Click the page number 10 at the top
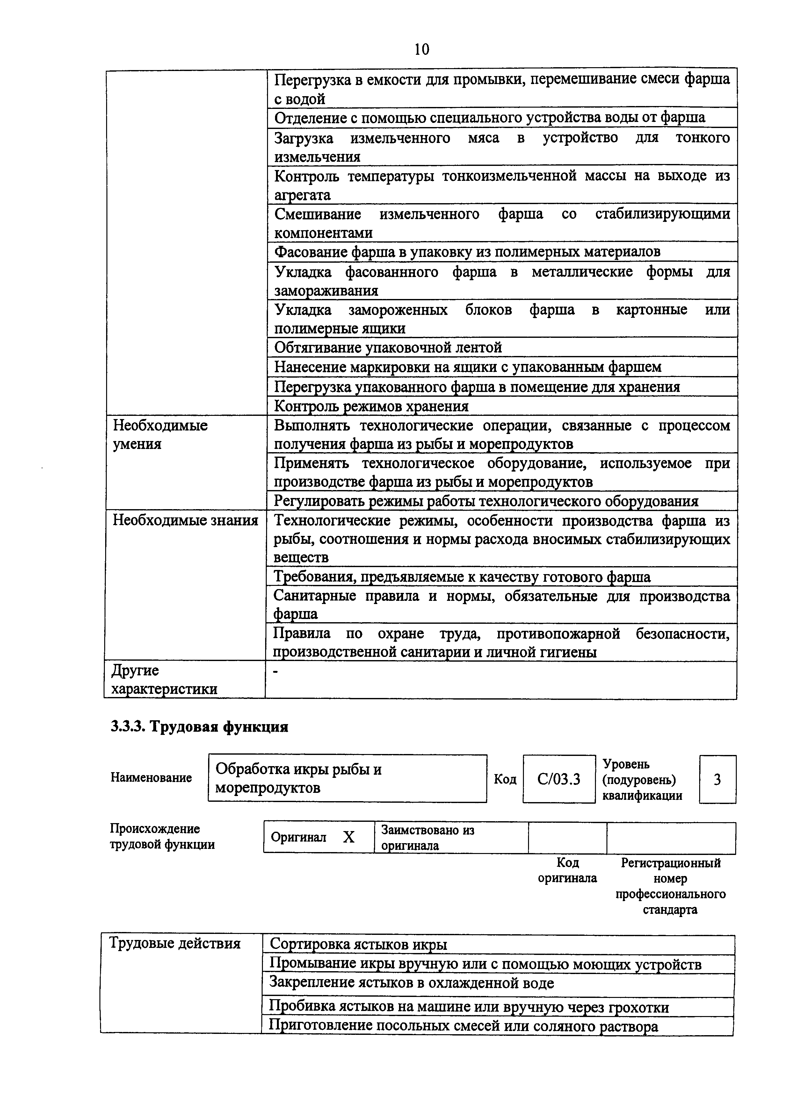pos(422,49)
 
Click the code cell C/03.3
pos(559,779)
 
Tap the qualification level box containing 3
pos(717,779)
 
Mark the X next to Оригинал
pos(349,837)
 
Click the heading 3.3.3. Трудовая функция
pos(199,727)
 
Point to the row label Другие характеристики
pos(164,679)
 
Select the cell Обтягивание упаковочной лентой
pos(388,347)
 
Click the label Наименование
pos(151,778)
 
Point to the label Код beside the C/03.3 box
pos(505,779)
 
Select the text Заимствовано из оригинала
pos(427,837)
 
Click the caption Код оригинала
pos(567,870)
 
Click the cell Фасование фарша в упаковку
pos(467,252)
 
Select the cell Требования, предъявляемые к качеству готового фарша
pos(461,577)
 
